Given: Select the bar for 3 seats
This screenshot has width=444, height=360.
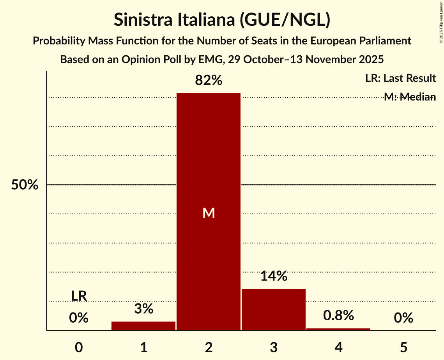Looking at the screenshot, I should pyautogui.click(x=274, y=309).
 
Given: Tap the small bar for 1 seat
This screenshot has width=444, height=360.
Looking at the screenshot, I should pyautogui.click(x=143, y=326).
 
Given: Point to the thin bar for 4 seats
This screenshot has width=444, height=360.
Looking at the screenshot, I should pyautogui.click(x=338, y=329).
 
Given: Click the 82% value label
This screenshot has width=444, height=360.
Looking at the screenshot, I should pyautogui.click(x=209, y=81).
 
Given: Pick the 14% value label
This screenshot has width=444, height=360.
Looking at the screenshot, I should pyautogui.click(x=274, y=276).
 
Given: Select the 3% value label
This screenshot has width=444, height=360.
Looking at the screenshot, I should pyautogui.click(x=143, y=309).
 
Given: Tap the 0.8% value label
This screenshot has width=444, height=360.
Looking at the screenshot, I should pyautogui.click(x=338, y=315).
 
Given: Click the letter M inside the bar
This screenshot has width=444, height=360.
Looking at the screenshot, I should pyautogui.click(x=209, y=213).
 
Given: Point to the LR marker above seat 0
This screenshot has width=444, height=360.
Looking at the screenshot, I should pyautogui.click(x=79, y=296).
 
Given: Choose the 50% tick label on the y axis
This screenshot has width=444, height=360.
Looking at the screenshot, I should pyautogui.click(x=25, y=185).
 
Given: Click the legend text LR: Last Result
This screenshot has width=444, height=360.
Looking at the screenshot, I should pyautogui.click(x=400, y=78).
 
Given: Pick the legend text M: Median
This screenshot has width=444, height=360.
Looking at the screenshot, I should pyautogui.click(x=410, y=97).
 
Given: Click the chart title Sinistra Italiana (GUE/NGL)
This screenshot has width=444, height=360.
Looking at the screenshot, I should pyautogui.click(x=222, y=20).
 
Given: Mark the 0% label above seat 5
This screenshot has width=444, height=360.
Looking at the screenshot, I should pyautogui.click(x=403, y=318).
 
